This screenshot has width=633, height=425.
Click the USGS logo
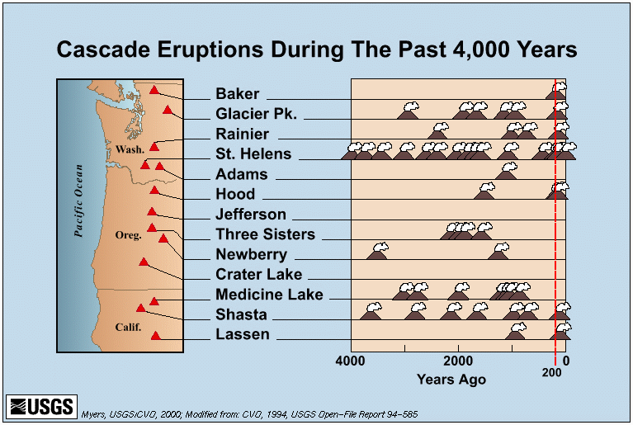(41, 405)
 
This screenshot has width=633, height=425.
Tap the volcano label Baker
(237, 93)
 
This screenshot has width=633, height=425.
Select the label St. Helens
(253, 153)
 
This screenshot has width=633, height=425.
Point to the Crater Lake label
(258, 274)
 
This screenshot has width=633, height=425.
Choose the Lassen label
(243, 334)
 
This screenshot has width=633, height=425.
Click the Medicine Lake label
(269, 295)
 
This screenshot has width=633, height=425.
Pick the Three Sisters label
(265, 234)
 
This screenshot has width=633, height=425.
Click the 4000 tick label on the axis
(351, 361)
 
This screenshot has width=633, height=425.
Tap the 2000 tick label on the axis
(458, 361)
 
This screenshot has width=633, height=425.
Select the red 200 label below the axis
(552, 373)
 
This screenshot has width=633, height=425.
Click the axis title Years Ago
(451, 380)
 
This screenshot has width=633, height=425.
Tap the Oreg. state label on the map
(128, 234)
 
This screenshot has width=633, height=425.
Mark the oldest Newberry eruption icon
(378, 251)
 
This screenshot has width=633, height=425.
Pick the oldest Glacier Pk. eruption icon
(409, 111)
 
